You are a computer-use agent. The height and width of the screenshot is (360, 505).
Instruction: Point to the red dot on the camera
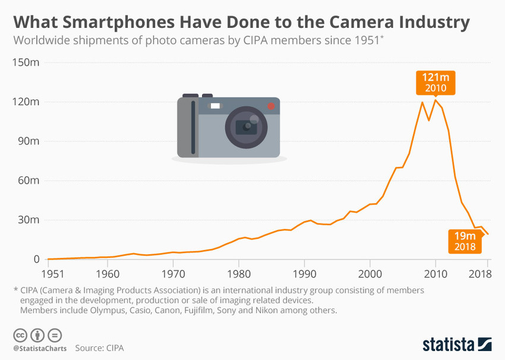point(271,106)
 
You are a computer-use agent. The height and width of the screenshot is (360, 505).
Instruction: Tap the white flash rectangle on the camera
point(215,106)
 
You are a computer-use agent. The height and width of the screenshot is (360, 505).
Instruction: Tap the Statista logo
point(457,344)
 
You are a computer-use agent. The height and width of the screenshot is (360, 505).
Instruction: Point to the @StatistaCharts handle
point(39,348)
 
